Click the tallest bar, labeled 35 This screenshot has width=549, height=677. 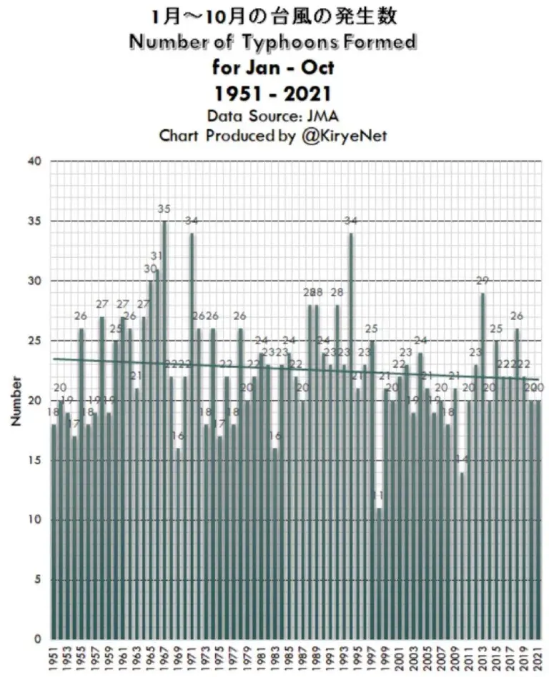(164, 428)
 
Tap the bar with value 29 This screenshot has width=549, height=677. (483, 464)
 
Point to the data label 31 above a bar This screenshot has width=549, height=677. (157, 256)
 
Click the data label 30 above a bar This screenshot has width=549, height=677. (150, 269)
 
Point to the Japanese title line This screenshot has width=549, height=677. (274, 16)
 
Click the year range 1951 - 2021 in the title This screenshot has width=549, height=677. (274, 93)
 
